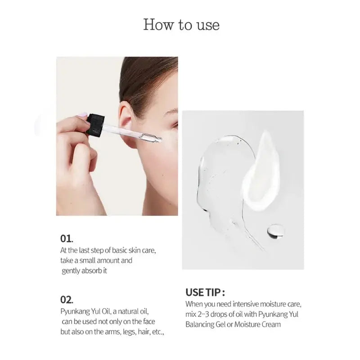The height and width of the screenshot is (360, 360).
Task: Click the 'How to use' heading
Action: (x=181, y=25)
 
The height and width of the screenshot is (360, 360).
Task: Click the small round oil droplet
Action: (x=275, y=231)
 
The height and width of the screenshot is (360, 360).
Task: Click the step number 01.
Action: (x=67, y=238)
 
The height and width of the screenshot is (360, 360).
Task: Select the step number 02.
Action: (x=67, y=300)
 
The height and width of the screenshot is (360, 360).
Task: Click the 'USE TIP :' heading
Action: (x=205, y=292)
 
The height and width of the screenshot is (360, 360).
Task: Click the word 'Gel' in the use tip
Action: (x=221, y=324)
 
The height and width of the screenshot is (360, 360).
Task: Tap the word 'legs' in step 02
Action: (x=129, y=332)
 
